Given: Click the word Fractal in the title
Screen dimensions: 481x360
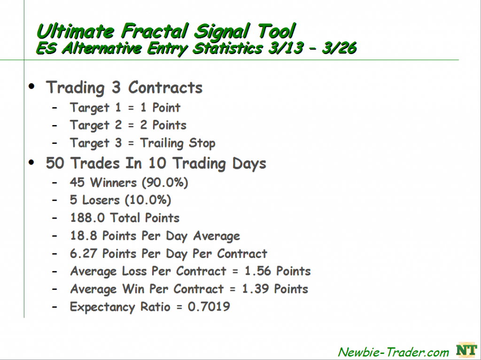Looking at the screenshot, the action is pyautogui.click(x=155, y=31).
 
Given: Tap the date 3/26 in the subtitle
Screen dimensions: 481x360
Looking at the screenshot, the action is pyautogui.click(x=339, y=48).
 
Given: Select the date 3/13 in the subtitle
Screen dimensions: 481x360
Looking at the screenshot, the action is pyautogui.click(x=286, y=48).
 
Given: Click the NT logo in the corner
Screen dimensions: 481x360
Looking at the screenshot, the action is pyautogui.click(x=466, y=350).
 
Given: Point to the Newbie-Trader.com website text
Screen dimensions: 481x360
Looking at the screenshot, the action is pyautogui.click(x=393, y=352).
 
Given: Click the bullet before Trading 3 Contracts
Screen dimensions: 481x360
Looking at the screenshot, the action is pyautogui.click(x=31, y=86).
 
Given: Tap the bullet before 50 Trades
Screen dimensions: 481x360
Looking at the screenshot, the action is pyautogui.click(x=31, y=162).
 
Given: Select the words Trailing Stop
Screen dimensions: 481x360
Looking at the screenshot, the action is pyautogui.click(x=178, y=143).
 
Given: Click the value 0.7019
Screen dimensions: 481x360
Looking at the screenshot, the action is pyautogui.click(x=209, y=306).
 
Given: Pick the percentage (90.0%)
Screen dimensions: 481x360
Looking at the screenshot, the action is pyautogui.click(x=165, y=183).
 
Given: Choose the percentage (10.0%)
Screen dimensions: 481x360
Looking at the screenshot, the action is pyautogui.click(x=148, y=200).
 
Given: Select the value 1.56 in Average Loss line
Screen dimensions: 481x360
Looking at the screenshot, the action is pyautogui.click(x=258, y=271).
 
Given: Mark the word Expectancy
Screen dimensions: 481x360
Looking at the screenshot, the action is pyautogui.click(x=102, y=307).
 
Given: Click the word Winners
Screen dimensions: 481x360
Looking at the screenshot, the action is pyautogui.click(x=114, y=183).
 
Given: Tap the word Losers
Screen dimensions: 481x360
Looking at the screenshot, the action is pyautogui.click(x=101, y=200).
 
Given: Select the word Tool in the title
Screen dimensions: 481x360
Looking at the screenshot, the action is pyautogui.click(x=276, y=31).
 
